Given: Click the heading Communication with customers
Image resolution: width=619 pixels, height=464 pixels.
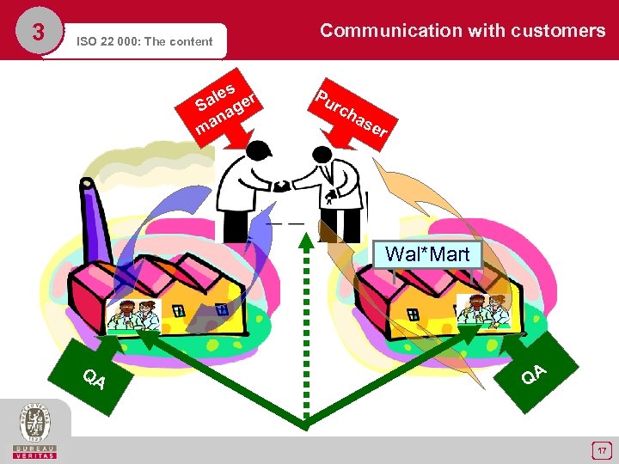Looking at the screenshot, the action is coord(463,31).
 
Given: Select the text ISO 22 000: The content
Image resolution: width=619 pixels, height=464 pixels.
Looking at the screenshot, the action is coord(144,40).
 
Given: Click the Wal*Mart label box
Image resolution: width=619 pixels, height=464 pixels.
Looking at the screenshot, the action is coord(427,254).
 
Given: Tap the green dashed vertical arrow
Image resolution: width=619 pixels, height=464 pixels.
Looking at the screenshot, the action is coord(305,327).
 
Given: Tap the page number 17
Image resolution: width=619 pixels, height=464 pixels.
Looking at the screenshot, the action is coord(603,449).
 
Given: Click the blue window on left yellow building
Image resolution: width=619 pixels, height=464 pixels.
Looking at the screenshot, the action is coord(221,309).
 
